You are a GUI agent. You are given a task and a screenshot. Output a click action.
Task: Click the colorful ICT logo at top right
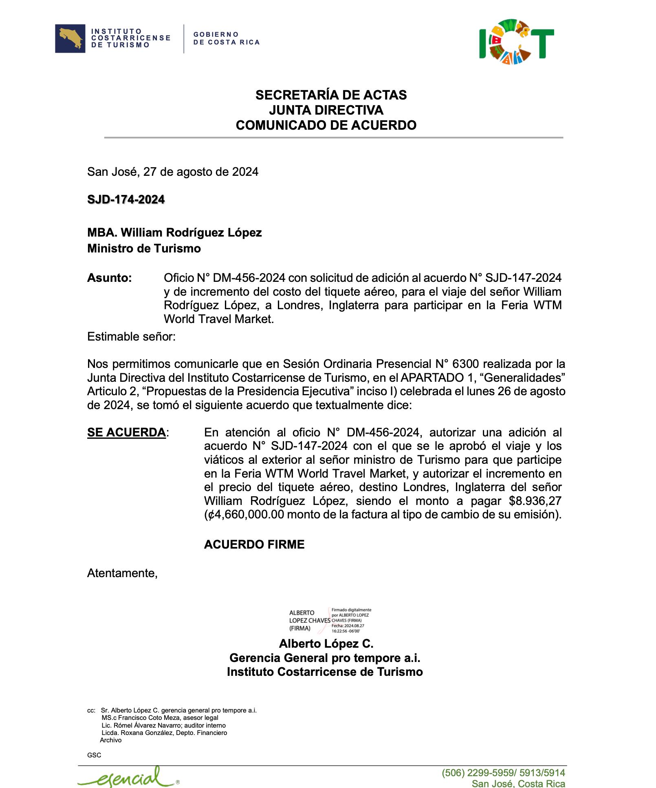click(516, 42)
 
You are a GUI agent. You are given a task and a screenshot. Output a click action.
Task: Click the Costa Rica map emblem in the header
click(70, 38)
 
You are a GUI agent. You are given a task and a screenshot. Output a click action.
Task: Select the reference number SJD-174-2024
click(126, 199)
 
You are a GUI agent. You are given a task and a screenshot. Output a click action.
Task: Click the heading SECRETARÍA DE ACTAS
click(331, 95)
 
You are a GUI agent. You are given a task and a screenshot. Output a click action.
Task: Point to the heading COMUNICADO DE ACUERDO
click(326, 125)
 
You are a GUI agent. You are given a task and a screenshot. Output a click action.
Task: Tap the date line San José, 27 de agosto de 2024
click(173, 172)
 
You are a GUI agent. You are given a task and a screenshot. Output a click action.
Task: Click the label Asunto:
click(110, 278)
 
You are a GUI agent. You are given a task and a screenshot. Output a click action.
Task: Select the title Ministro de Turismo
click(144, 248)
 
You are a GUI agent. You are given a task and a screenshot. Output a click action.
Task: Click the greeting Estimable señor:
click(131, 336)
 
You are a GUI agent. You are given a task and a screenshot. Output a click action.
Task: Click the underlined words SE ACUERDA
click(126, 432)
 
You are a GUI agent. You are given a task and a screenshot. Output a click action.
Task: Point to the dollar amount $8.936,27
click(535, 501)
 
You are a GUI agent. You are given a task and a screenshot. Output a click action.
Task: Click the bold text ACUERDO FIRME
click(254, 545)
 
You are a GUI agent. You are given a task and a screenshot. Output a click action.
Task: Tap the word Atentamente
click(122, 573)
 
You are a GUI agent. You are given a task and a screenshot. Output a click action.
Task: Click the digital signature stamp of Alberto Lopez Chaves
click(330, 620)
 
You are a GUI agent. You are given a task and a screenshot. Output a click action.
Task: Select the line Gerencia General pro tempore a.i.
click(325, 658)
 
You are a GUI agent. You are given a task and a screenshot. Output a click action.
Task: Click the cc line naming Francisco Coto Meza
click(160, 718)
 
